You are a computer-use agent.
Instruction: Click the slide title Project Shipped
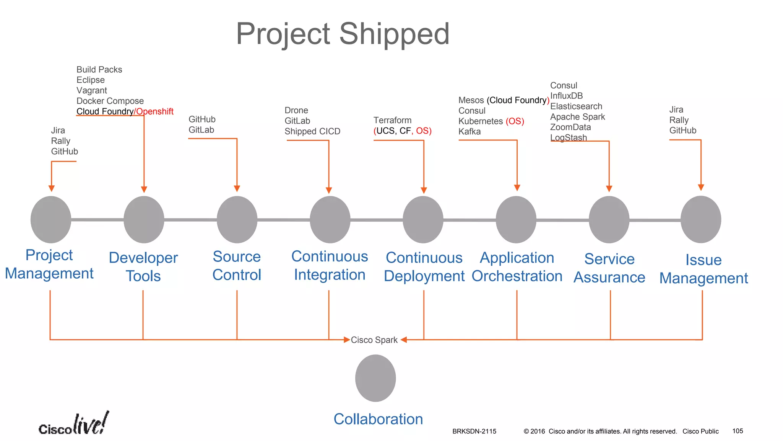click(343, 34)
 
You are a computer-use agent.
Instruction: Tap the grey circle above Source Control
click(237, 220)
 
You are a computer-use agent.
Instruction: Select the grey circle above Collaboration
click(375, 378)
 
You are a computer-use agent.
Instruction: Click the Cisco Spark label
click(374, 340)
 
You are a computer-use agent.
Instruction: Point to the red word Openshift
click(155, 111)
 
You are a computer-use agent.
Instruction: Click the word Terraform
click(392, 120)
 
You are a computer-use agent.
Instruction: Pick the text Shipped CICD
click(312, 131)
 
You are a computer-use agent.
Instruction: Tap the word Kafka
click(469, 132)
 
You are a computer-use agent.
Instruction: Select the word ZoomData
click(570, 127)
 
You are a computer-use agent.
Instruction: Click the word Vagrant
click(92, 91)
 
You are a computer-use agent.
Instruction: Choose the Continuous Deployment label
click(424, 267)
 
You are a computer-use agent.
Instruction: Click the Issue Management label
click(703, 269)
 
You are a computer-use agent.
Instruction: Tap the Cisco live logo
click(73, 424)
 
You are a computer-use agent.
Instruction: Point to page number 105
click(738, 431)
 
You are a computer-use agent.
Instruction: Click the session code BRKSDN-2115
click(474, 431)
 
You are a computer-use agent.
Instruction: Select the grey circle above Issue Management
click(700, 219)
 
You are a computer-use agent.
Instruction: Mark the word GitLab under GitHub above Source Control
click(201, 130)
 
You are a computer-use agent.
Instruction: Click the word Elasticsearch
click(576, 106)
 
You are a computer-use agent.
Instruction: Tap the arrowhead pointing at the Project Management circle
click(52, 188)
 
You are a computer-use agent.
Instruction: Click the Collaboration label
click(378, 419)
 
